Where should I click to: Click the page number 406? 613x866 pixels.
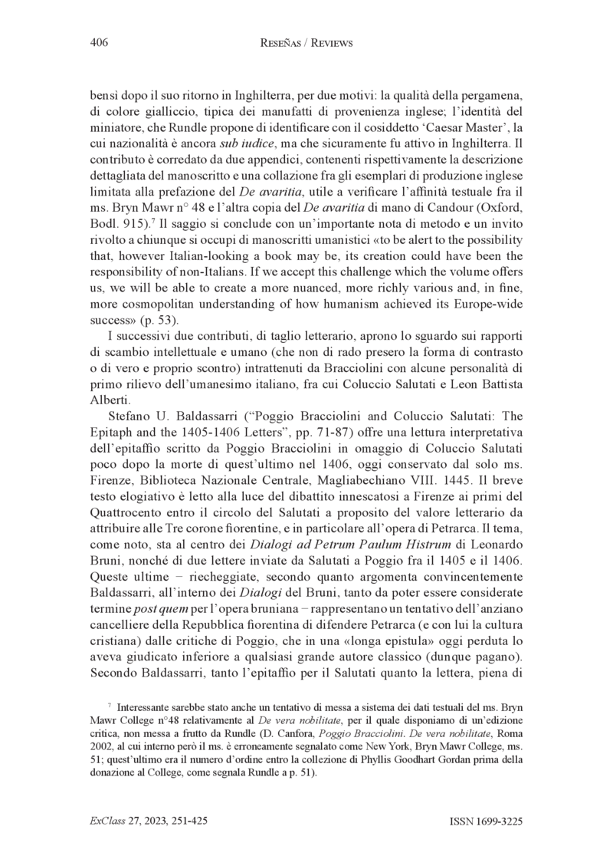tap(98, 43)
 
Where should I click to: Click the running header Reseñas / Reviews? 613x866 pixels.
tap(306, 44)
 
